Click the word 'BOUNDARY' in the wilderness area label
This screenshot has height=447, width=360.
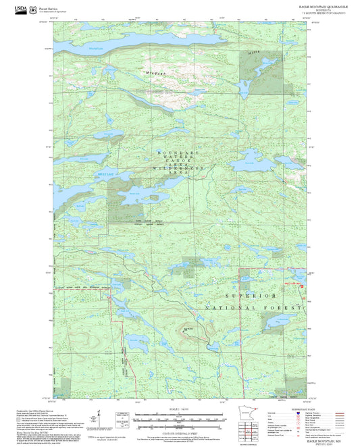(172, 153)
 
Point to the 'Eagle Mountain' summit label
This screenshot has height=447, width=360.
(185, 329)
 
